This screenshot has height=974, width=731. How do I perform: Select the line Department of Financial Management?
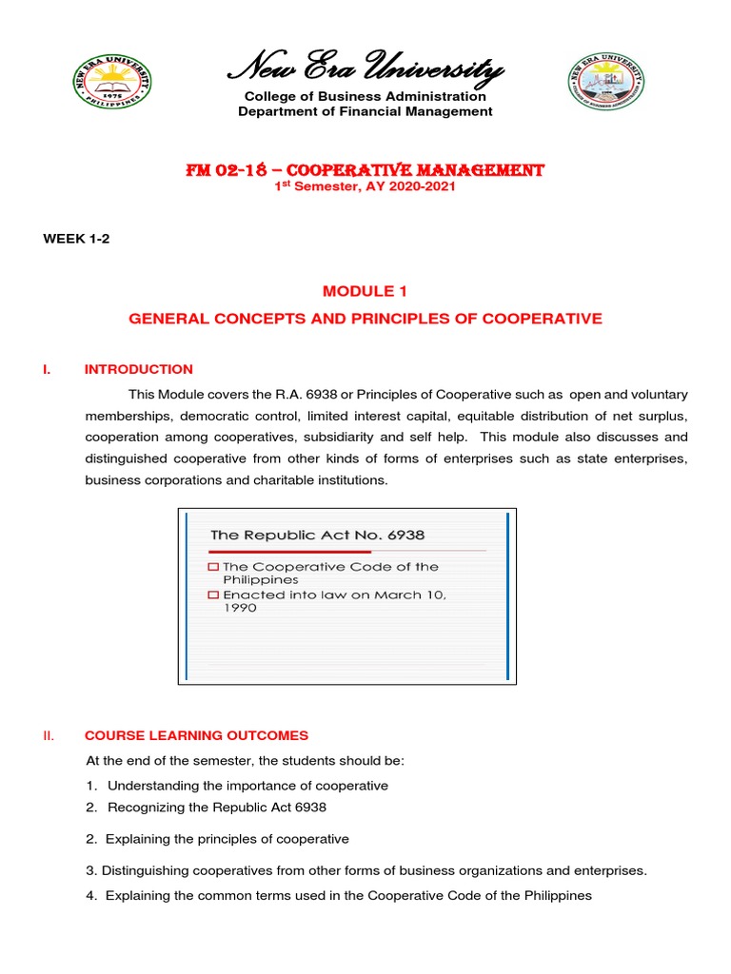[365, 111]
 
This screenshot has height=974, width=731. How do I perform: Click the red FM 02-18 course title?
[365, 170]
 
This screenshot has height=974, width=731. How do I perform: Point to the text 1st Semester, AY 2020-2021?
[365, 186]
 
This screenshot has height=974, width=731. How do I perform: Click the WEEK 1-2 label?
[76, 239]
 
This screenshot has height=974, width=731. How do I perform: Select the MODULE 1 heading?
[365, 290]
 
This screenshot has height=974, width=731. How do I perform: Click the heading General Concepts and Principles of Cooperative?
[365, 319]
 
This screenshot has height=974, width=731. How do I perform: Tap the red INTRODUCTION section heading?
[139, 369]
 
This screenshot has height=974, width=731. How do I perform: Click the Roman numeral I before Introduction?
[46, 369]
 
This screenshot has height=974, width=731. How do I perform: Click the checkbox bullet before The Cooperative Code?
[214, 567]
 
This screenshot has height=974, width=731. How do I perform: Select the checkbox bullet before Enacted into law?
[214, 595]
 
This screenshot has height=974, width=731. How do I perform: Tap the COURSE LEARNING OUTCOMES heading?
[197, 735]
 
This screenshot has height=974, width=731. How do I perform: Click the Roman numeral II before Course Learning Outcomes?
[48, 735]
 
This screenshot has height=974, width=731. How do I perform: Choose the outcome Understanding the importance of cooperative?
[247, 786]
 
